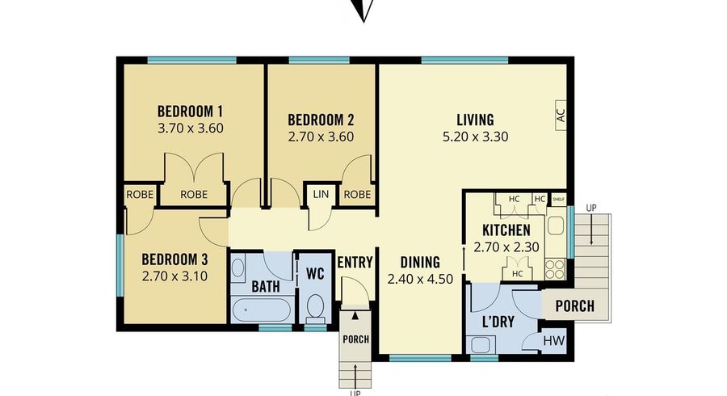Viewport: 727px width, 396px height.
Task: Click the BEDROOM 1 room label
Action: (x=190, y=112)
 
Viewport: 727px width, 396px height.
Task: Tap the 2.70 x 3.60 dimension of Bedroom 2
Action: (x=321, y=137)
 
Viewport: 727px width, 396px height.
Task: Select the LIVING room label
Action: (x=475, y=120)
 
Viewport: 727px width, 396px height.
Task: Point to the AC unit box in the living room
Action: (x=561, y=115)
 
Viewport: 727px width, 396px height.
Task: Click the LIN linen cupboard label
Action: (x=321, y=194)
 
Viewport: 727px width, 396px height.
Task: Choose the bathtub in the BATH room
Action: (x=262, y=310)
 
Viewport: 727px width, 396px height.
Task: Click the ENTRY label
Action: (x=355, y=263)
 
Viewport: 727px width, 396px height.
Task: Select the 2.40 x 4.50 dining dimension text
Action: (x=420, y=279)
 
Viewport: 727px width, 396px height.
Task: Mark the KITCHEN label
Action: (x=506, y=230)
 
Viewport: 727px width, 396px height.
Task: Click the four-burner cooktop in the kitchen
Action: (x=556, y=268)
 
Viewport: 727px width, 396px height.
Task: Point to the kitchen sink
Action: (x=556, y=225)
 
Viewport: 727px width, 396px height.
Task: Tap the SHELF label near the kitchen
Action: (x=559, y=200)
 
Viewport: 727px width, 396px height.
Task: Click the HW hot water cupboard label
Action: (x=554, y=341)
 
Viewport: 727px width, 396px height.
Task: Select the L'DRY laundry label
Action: (x=498, y=322)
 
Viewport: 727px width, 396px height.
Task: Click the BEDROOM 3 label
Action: (x=174, y=259)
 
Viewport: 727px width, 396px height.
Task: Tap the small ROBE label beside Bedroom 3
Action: (x=140, y=195)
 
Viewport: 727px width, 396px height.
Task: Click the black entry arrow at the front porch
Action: (x=355, y=316)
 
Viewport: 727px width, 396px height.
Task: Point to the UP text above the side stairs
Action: (x=591, y=209)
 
